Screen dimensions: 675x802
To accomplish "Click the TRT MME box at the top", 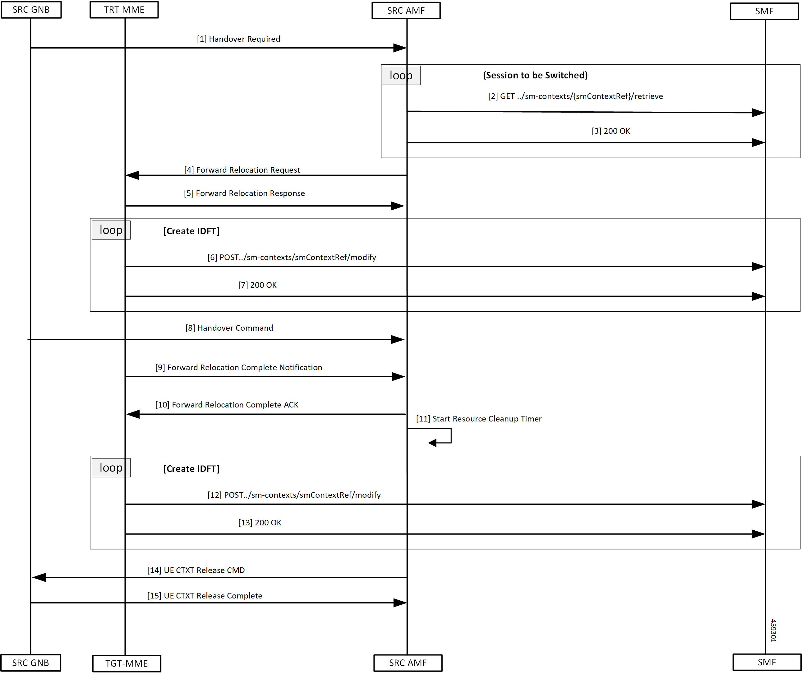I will coord(124,10).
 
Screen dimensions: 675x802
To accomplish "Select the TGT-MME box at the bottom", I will coord(127,663).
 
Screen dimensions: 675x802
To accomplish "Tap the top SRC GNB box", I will coord(31,10).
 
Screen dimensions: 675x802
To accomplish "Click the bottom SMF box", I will coord(767,662).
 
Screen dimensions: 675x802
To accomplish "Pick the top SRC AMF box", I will coord(406,10).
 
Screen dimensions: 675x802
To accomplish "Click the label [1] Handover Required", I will coord(238,39).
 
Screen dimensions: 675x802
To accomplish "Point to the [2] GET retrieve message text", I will coord(575,96).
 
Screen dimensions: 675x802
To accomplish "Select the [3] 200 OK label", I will coord(611,131).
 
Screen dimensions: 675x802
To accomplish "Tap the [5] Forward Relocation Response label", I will coord(244,193).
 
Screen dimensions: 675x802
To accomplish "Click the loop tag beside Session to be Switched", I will coord(401,75).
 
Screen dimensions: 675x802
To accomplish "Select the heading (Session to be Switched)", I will coord(535,75).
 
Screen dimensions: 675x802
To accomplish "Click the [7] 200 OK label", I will coord(257,285).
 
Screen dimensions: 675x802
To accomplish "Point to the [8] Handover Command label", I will coord(229,328).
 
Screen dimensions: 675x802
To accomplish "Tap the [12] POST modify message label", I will coord(294,495).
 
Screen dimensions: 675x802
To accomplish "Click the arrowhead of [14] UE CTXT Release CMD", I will coord(39,577).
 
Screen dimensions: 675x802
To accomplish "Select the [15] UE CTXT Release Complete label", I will coord(205,596).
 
